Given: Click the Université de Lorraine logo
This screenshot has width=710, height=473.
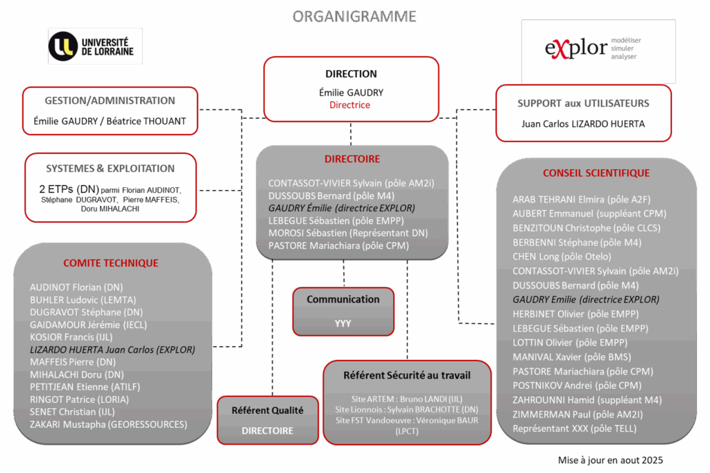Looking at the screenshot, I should point(95,46).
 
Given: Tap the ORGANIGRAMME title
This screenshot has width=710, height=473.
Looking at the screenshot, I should point(355,15).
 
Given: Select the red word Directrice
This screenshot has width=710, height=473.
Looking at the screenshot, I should point(350,105).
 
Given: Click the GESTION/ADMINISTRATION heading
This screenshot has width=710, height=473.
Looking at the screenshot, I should point(110,101).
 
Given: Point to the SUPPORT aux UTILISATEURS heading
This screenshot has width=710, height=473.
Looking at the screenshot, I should point(583,103).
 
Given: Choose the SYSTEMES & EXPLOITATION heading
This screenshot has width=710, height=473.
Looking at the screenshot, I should point(110,169).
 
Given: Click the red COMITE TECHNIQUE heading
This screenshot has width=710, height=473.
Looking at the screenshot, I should point(111,263).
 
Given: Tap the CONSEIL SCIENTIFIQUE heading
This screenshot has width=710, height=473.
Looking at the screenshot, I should point(596,173).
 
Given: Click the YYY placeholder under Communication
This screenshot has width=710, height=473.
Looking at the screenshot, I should point(343,323).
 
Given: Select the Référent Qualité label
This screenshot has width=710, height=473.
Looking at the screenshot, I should point(268,411).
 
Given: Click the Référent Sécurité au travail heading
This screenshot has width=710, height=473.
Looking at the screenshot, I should point(407,375).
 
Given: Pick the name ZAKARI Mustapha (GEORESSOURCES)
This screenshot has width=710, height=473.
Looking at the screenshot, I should point(108,424).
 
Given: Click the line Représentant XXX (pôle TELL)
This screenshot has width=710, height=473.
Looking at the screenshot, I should point(574,429).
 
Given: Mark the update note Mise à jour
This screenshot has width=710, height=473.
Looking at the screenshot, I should point(610,460).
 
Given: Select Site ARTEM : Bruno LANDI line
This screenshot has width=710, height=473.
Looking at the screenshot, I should point(407,399).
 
